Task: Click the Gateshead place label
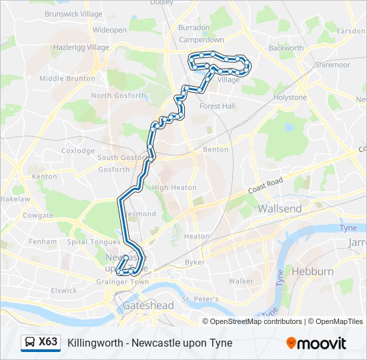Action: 148,305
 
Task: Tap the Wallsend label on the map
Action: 280,209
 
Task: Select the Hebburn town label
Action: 312,271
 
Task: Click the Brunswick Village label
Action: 73,13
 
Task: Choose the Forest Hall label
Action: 217,106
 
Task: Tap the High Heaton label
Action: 174,187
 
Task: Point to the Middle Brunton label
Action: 66,78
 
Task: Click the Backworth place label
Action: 286,48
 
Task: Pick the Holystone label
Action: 290,97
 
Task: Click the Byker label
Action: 195,262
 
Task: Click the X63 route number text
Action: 48,343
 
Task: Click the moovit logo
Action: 316,343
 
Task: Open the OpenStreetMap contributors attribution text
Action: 256,321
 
